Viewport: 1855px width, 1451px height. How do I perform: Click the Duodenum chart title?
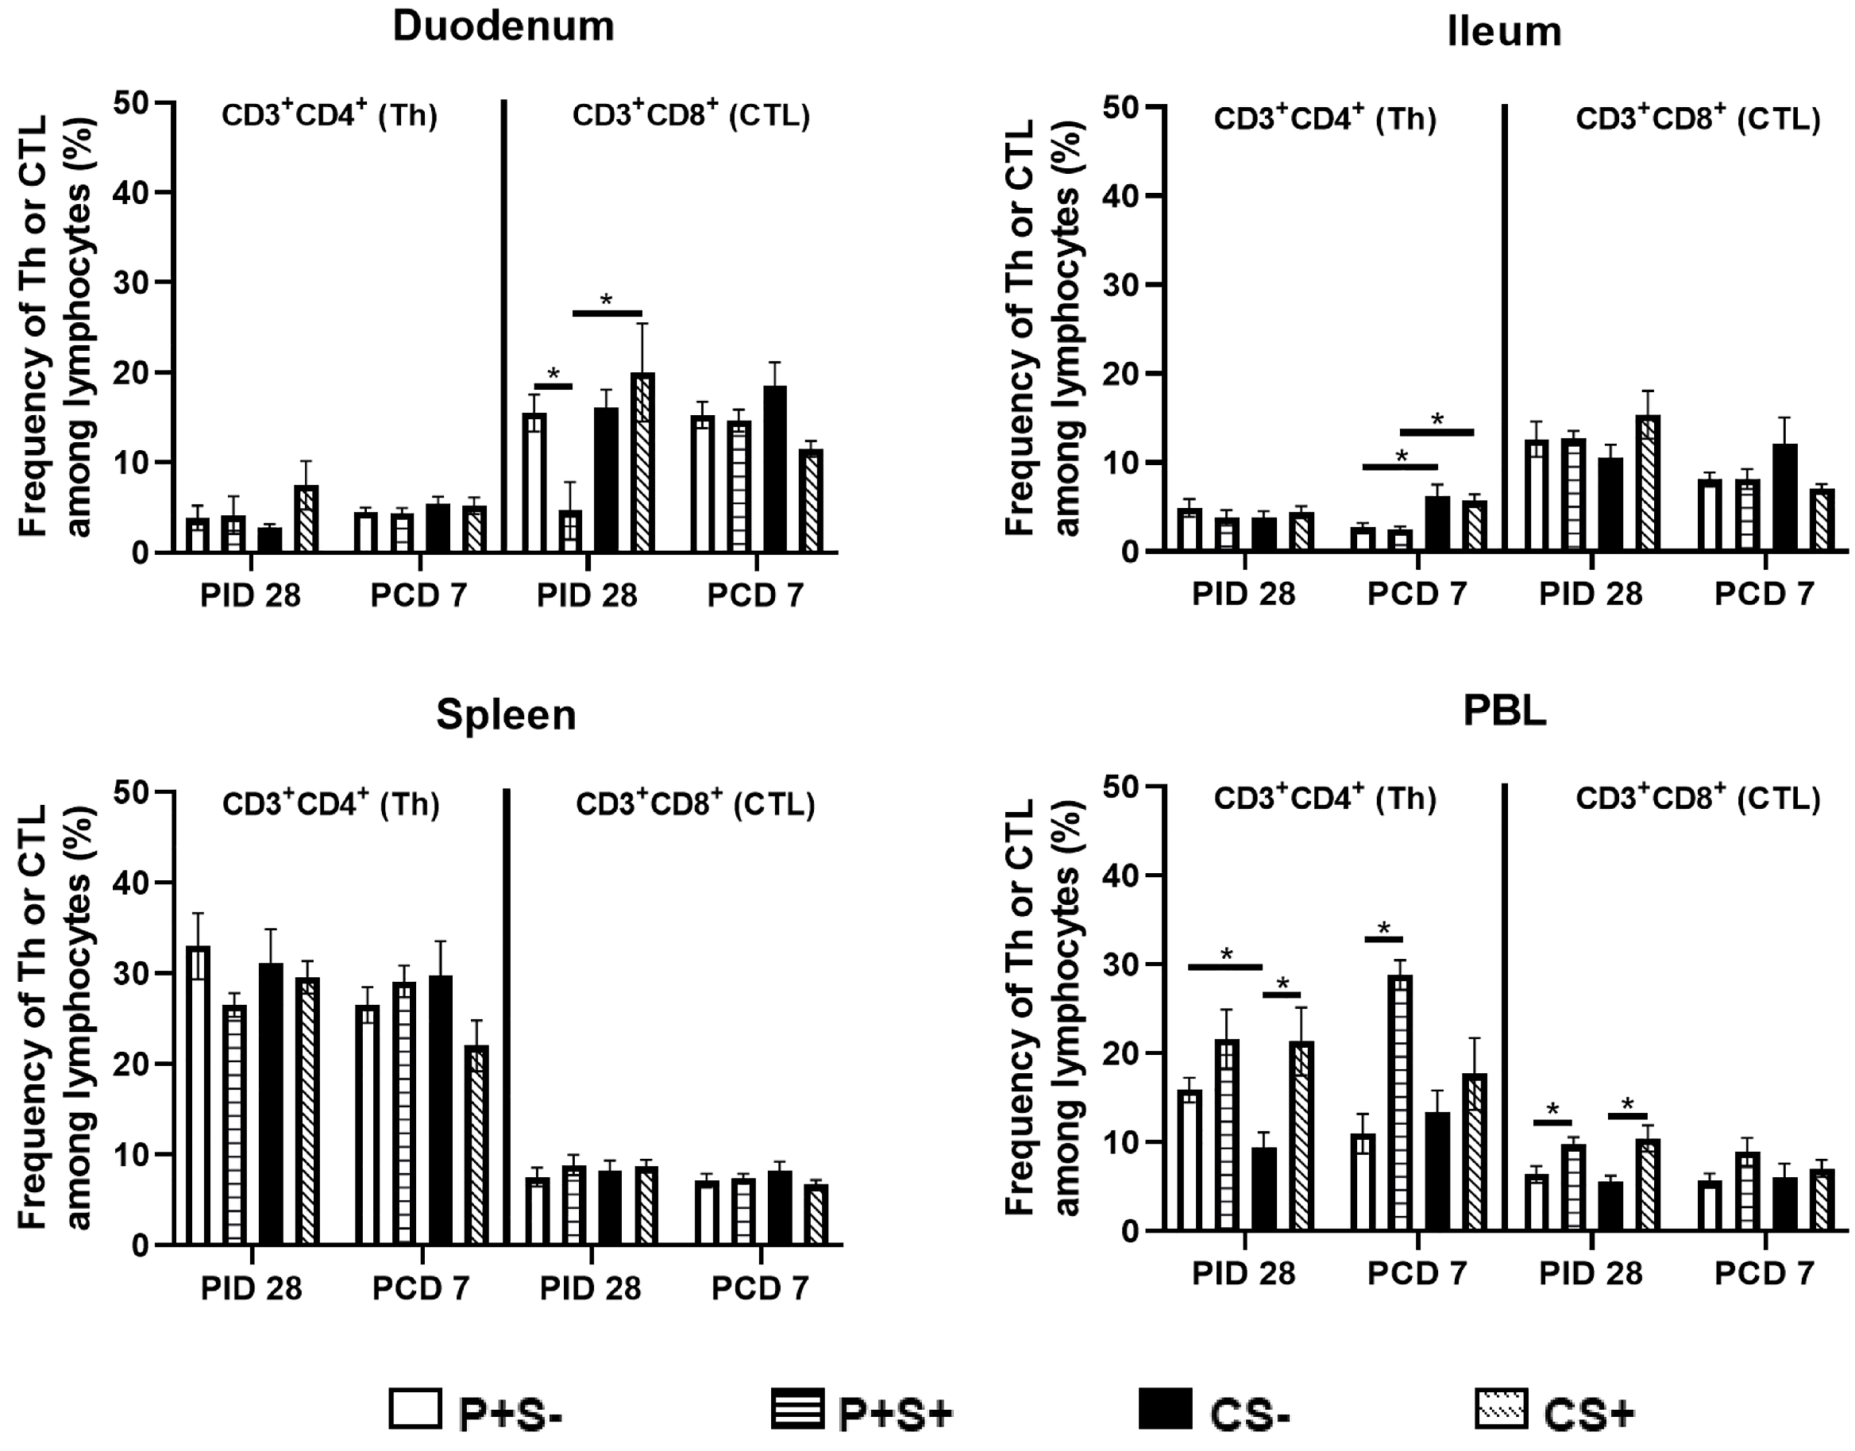pyautogui.click(x=503, y=26)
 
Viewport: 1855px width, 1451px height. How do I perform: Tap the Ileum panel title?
pyautogui.click(x=1503, y=33)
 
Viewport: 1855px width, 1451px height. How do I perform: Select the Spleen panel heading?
pyautogui.click(x=506, y=714)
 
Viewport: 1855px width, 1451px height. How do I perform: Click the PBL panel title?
pyautogui.click(x=1503, y=711)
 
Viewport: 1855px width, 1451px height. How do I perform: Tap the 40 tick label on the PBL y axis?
pyautogui.click(x=1120, y=875)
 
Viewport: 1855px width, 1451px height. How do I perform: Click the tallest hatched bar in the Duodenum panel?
pyautogui.click(x=642, y=463)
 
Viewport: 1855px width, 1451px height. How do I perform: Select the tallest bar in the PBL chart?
pyautogui.click(x=1399, y=1103)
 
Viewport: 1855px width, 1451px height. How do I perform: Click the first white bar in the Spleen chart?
pyautogui.click(x=198, y=1096)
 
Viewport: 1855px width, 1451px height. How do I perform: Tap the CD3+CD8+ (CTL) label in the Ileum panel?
pyautogui.click(x=1698, y=119)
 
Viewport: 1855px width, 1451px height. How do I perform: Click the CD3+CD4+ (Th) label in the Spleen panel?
pyautogui.click(x=330, y=803)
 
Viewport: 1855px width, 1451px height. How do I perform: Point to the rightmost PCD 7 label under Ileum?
pyautogui.click(x=1763, y=594)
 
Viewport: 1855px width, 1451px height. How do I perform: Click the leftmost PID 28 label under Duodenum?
pyautogui.click(x=250, y=595)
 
